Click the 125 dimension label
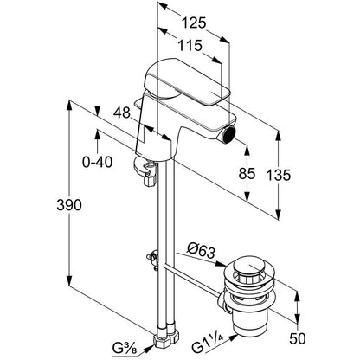click(x=194, y=22)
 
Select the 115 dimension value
click(x=190, y=46)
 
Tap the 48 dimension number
click(x=122, y=112)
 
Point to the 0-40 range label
click(x=97, y=163)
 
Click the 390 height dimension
click(x=69, y=205)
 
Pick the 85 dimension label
click(x=247, y=174)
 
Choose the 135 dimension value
click(x=278, y=175)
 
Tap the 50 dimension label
click(x=297, y=338)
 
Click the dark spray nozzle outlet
click(x=230, y=135)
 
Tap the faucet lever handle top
click(x=186, y=82)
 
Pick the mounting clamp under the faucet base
click(x=145, y=172)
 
